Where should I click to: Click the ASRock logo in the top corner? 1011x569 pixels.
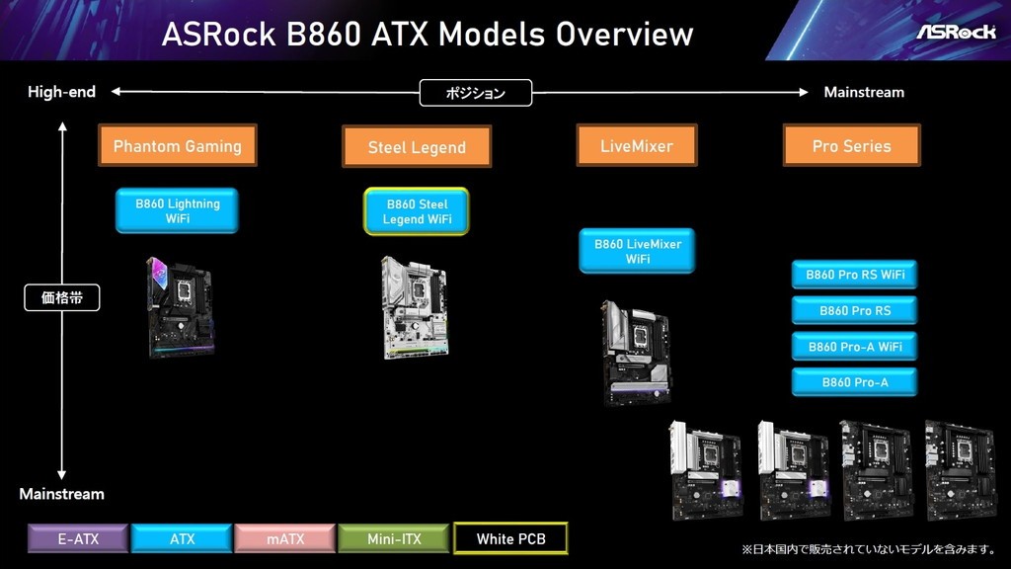956,32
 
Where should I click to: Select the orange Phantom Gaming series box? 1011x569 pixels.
178,146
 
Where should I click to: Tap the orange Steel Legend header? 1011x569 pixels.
417,147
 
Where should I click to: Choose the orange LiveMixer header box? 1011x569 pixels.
637,146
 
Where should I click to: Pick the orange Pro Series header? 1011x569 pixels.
852,146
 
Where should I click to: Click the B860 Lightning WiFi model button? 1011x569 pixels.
178,211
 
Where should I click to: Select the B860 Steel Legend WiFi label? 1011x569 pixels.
417,211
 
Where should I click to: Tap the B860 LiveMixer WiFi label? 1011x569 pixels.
637,251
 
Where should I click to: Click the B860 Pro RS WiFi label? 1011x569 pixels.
854,275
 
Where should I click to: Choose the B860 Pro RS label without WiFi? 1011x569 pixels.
854,310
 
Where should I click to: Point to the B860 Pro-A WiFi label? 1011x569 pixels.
854,347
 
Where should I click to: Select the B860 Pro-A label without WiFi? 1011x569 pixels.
854,382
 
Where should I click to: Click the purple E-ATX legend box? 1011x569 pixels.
78,538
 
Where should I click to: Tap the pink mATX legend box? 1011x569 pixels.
285,538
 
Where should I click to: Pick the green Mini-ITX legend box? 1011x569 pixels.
394,538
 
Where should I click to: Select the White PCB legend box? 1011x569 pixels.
510,538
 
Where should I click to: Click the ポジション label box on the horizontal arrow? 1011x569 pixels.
476,93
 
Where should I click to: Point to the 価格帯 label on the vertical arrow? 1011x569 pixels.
62,297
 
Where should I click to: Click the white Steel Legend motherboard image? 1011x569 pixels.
414,307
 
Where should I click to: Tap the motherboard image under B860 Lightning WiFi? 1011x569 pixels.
180,307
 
